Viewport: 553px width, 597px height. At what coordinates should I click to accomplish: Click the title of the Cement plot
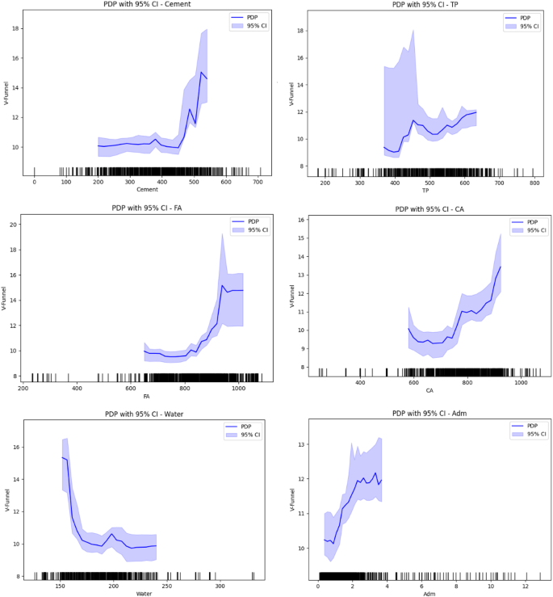[x=145, y=5]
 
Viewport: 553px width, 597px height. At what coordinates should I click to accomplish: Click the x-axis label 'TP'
[x=425, y=190]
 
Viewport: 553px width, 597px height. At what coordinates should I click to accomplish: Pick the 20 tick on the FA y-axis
[x=14, y=225]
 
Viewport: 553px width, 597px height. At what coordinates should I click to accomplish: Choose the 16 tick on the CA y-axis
[x=300, y=220]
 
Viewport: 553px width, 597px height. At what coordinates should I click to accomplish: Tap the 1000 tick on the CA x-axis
[x=521, y=383]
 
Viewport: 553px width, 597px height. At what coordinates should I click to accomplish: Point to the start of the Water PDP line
[x=61, y=457]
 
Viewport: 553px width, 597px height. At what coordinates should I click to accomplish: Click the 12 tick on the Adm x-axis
[x=526, y=586]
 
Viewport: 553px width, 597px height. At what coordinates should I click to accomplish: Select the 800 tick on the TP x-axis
[x=534, y=183]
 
